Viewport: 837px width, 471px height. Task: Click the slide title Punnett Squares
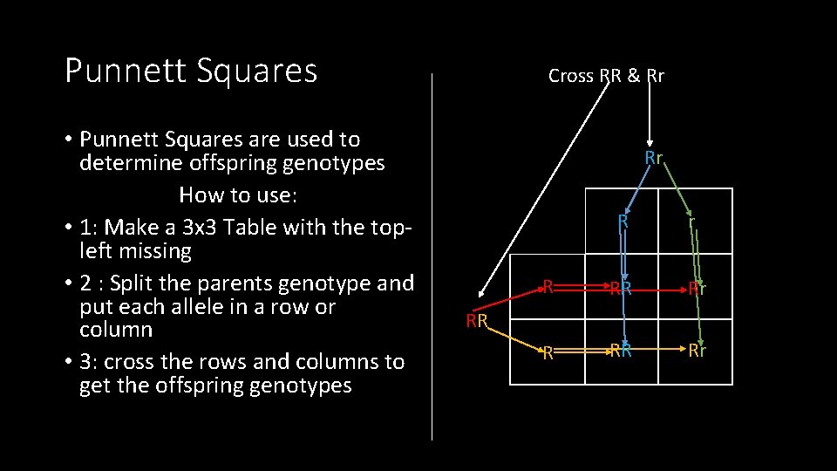pyautogui.click(x=191, y=72)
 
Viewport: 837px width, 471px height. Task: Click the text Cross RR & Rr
pyautogui.click(x=606, y=76)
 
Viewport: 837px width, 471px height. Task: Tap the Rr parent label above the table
pyautogui.click(x=654, y=158)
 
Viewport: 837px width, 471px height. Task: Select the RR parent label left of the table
pyautogui.click(x=476, y=321)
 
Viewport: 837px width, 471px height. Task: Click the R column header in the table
pyautogui.click(x=623, y=222)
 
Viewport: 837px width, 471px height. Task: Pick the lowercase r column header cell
pyautogui.click(x=691, y=222)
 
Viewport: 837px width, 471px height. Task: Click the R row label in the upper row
pyautogui.click(x=548, y=285)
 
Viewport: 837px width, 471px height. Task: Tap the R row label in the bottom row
pyautogui.click(x=548, y=353)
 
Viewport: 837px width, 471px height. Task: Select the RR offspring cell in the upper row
pyautogui.click(x=621, y=288)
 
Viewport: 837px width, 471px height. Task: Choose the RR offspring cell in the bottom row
pyautogui.click(x=621, y=351)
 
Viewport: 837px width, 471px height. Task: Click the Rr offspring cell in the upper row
pyautogui.click(x=697, y=288)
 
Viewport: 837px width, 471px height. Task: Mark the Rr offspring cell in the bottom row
pyautogui.click(x=697, y=351)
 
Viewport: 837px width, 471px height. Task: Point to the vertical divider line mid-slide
pyautogui.click(x=432, y=262)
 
